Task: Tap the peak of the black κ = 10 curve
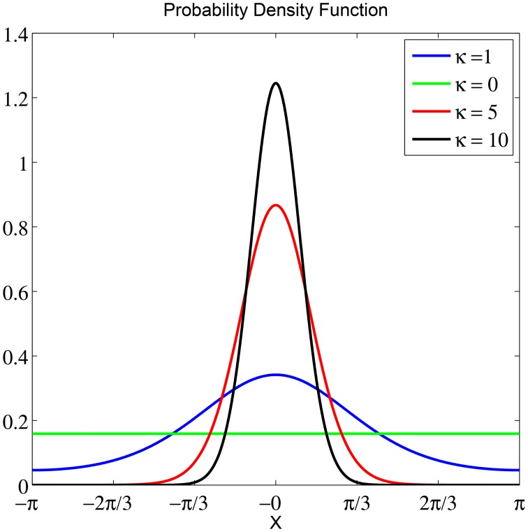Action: point(276,84)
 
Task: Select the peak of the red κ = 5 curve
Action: point(276,205)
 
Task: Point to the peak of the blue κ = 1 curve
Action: point(276,375)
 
